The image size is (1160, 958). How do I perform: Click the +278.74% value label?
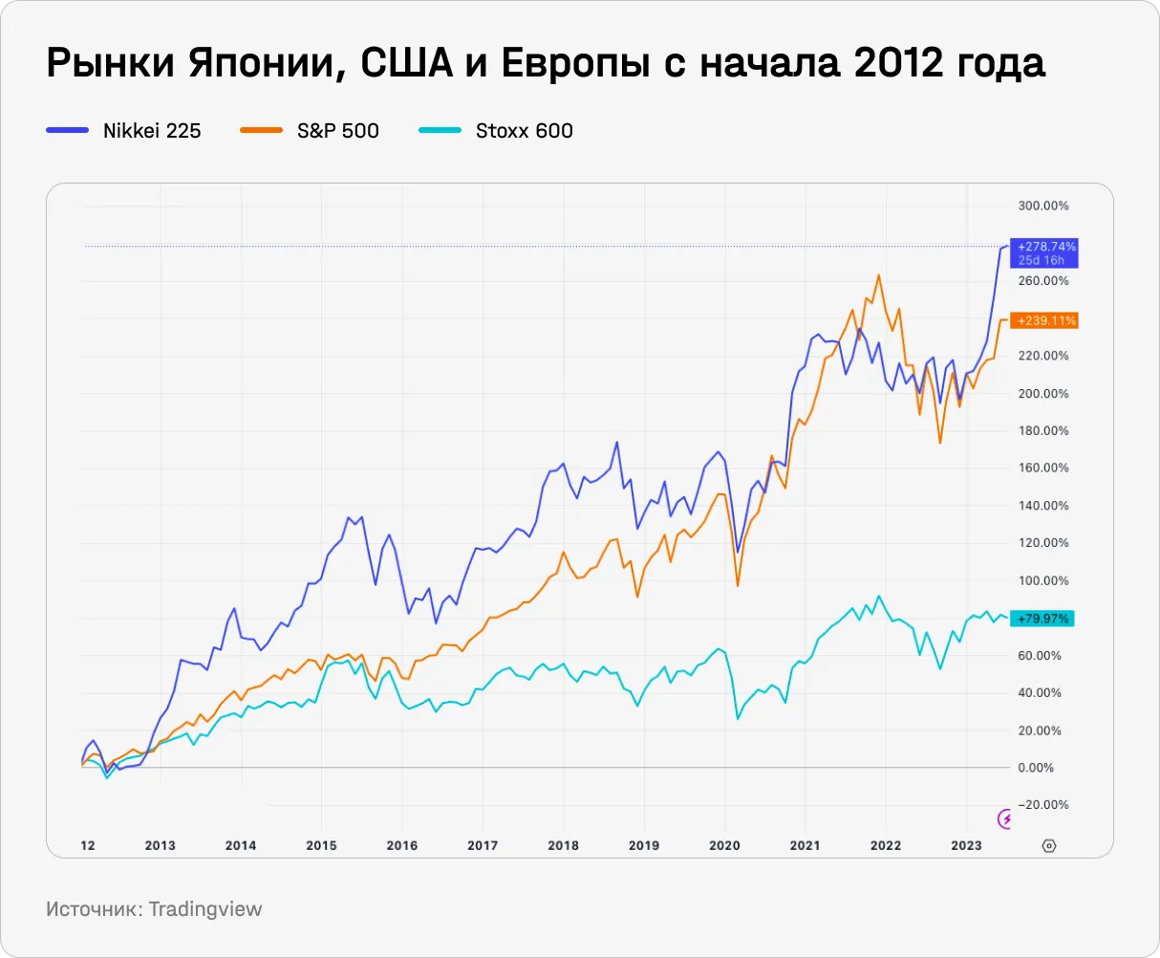pos(1046,247)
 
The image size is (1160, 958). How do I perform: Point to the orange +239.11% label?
pos(1046,321)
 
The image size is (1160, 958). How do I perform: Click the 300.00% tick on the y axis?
pos(1042,206)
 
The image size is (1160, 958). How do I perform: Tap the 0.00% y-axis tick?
pos(1036,768)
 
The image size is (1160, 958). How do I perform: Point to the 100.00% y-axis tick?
pos(1042,580)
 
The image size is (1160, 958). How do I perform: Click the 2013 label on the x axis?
pos(160,845)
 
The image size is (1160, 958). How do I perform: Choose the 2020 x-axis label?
pos(724,845)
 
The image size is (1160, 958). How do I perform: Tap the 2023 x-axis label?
pos(966,845)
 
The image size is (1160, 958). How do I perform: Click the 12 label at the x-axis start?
pos(88,845)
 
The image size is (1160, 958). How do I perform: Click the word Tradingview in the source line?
pos(204,908)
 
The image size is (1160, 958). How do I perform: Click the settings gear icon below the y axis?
pos(1048,845)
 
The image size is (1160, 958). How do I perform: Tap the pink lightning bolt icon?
pos(1005,818)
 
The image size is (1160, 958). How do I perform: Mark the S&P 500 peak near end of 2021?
pos(878,275)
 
